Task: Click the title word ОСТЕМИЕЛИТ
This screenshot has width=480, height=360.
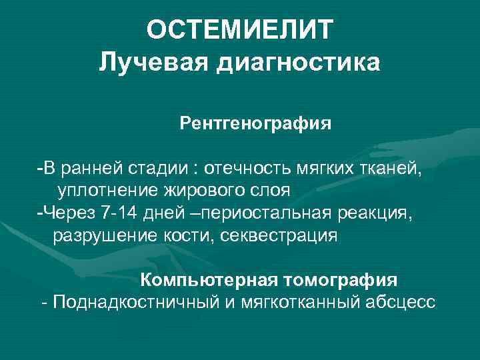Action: (239, 30)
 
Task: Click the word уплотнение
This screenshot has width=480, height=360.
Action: (106, 190)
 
